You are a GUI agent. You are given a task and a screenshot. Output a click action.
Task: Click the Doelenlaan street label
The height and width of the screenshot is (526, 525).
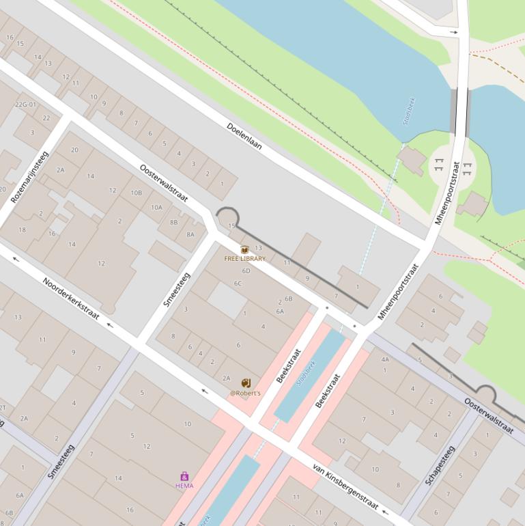244,136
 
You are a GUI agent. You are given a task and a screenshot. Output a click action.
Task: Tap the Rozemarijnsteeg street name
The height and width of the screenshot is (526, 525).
30,177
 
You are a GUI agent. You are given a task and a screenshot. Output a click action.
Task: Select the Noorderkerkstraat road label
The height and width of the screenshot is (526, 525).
71,299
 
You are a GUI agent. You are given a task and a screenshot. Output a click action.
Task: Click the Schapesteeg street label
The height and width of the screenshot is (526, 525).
439,465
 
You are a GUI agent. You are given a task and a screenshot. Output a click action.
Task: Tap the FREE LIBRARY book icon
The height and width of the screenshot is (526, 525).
244,250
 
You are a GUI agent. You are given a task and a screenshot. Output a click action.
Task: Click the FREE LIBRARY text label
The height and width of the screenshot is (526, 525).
244,259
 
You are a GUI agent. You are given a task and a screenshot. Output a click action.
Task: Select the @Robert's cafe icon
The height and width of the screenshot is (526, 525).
245,383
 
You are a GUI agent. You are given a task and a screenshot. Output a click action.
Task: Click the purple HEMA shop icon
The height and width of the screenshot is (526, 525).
184,476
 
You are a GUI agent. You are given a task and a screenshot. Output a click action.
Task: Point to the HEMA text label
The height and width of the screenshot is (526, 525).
184,486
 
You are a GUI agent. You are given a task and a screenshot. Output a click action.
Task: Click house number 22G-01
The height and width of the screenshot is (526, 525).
25,105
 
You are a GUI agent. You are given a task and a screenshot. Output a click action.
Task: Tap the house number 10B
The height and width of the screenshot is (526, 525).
137,193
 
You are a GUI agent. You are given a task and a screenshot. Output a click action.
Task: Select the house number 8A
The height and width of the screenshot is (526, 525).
190,234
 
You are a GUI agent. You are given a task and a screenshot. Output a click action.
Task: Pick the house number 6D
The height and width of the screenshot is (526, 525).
246,271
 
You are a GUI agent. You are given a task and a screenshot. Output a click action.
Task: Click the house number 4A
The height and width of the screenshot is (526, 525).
385,359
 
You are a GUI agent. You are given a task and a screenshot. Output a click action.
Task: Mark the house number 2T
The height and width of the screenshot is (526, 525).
3,408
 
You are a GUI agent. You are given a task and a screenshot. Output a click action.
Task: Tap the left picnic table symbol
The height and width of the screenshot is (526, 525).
438,164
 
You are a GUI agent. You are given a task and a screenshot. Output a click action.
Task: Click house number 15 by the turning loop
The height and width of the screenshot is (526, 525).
231,225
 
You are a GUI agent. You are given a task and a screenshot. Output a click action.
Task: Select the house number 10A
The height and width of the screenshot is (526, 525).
157,207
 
